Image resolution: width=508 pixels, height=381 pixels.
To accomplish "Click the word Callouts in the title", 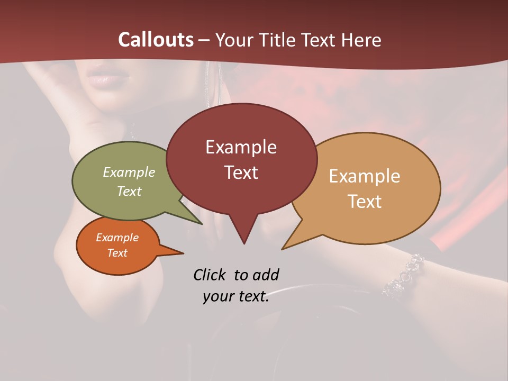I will coord(156,40).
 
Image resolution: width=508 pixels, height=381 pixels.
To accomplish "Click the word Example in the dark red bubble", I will coord(241,147).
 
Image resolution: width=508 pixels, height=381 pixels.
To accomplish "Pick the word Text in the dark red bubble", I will coord(241,172).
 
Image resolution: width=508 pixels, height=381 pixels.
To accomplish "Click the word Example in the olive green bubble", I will coord(129,172).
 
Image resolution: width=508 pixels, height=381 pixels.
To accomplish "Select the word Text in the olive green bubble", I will coord(129,191).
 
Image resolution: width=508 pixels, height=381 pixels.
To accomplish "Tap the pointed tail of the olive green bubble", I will coord(200,223).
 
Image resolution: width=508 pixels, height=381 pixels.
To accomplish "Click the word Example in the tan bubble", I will coord(365,176).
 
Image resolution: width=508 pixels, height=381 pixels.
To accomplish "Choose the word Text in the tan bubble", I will coord(365,201).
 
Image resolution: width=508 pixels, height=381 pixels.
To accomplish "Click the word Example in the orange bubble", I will coord(117,238).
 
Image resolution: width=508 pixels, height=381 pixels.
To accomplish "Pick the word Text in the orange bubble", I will coord(117,253).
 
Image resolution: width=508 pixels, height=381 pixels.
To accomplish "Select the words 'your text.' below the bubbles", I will coord(235,297).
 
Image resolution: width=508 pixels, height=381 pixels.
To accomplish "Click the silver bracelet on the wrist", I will coord(405,276).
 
